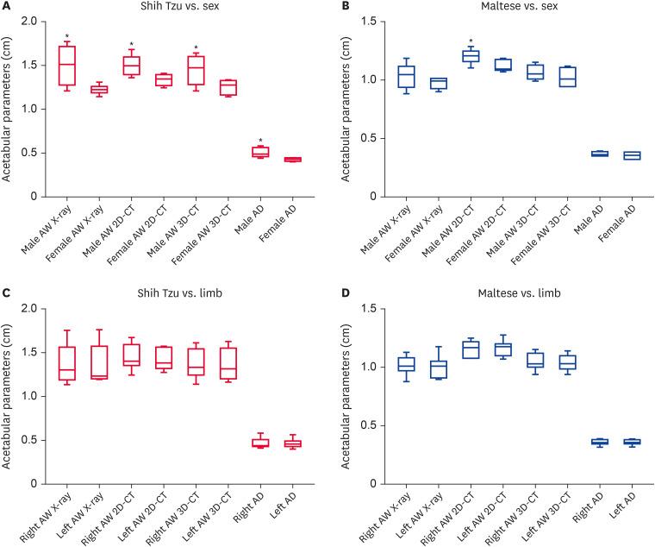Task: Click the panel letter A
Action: [x=7, y=7]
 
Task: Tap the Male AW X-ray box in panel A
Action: [x=66, y=65]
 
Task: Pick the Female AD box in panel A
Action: [x=293, y=159]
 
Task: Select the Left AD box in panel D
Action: [x=633, y=442]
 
